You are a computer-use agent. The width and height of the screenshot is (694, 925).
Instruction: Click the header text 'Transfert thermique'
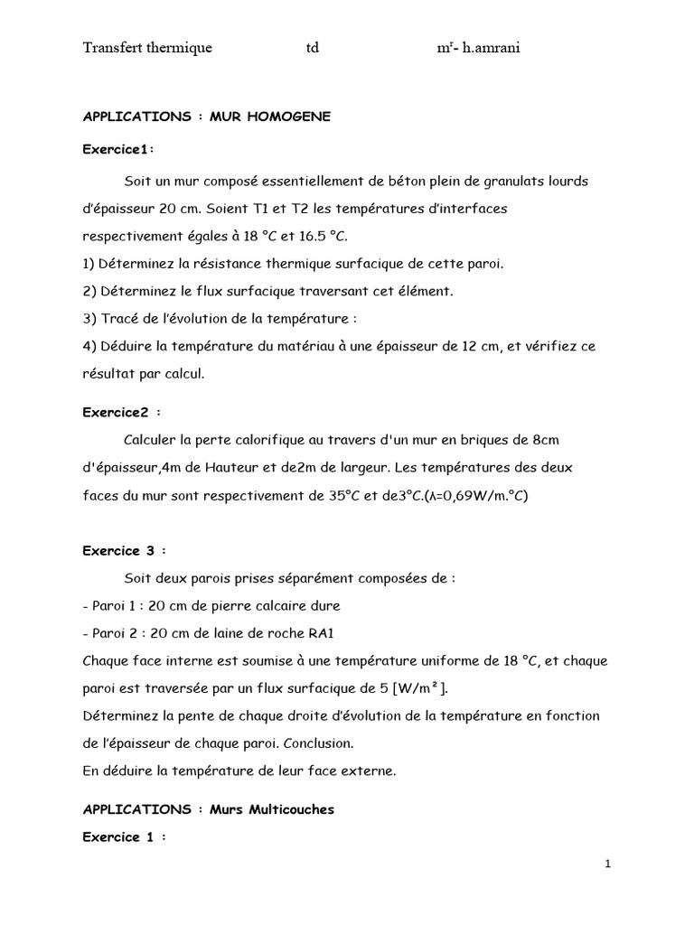147,48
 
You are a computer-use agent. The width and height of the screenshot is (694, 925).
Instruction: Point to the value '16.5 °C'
324,237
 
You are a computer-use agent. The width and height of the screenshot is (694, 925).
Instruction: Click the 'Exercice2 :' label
122,412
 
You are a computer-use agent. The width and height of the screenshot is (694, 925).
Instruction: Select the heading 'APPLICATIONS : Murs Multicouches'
208,809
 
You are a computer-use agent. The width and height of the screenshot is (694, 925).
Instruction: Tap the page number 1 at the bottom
608,864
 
